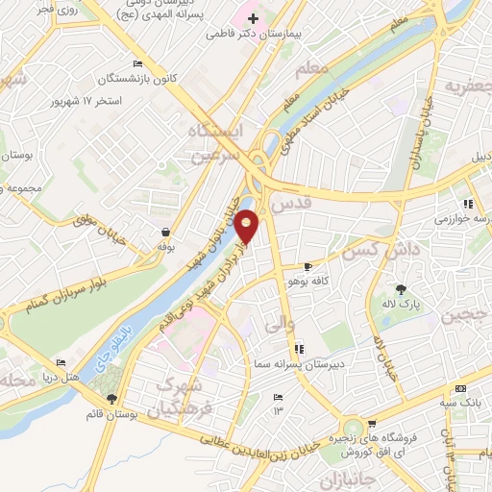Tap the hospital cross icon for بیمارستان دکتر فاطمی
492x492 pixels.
tap(252, 17)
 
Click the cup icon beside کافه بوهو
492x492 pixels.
tap(307, 266)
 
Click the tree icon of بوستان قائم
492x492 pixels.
tap(112, 398)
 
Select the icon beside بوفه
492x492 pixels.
tap(166, 232)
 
